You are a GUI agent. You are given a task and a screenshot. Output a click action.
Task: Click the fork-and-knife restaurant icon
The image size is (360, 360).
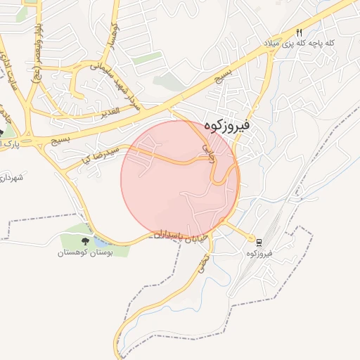pos(300,32)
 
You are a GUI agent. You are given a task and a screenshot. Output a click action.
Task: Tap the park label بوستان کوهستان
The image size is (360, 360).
pos(85,251)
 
